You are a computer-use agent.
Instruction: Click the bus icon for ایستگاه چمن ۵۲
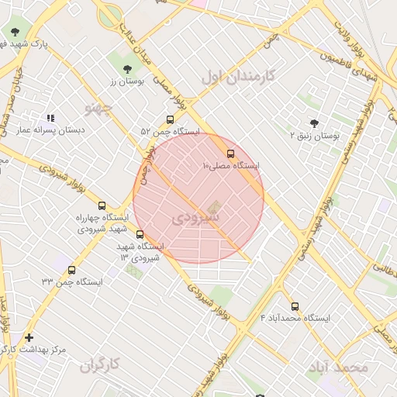pyautogui.click(x=170, y=119)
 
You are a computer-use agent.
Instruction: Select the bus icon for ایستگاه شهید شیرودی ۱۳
pyautogui.click(x=140, y=234)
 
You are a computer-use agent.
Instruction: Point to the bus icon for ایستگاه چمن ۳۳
pyautogui.click(x=72, y=270)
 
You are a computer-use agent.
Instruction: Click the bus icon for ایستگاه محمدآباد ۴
pyautogui.click(x=294, y=306)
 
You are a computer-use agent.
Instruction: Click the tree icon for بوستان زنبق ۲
pyautogui.click(x=313, y=123)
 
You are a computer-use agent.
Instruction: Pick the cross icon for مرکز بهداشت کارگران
pyautogui.click(x=29, y=337)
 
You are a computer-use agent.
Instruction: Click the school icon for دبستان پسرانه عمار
pyautogui.click(x=50, y=118)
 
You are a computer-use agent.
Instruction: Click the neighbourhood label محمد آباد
pyautogui.click(x=337, y=366)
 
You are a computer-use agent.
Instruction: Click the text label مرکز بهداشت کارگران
pyautogui.click(x=44, y=350)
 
